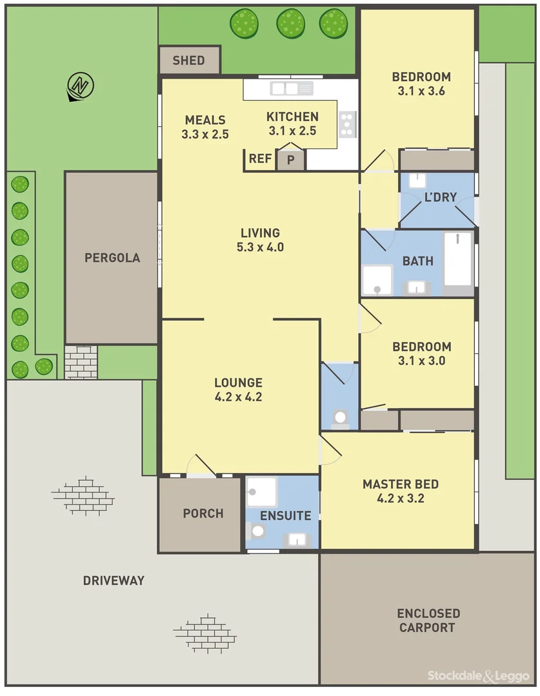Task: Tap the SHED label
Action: (188, 61)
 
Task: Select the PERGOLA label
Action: (112, 258)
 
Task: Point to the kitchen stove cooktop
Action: (347, 123)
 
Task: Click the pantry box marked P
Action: (291, 160)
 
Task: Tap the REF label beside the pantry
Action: (260, 159)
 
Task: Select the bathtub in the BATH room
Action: (458, 259)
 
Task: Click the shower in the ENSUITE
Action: (261, 492)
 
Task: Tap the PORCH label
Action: (203, 514)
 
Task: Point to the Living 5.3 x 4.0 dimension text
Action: (260, 247)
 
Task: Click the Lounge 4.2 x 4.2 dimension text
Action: (238, 397)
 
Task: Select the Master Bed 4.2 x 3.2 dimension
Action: (401, 498)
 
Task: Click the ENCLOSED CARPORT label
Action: (428, 620)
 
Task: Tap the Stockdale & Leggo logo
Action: (478, 675)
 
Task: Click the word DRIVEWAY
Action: (114, 581)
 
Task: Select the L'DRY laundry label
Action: (440, 197)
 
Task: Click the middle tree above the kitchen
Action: (290, 24)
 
